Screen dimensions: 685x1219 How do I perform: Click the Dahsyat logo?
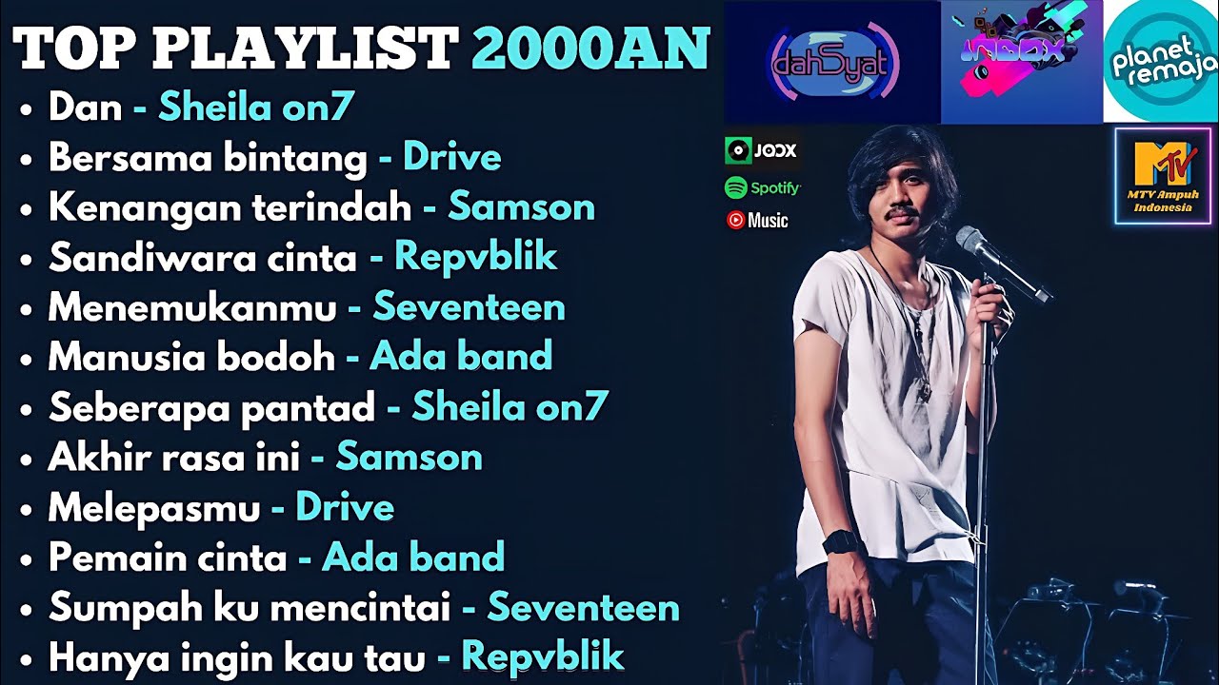click(x=832, y=63)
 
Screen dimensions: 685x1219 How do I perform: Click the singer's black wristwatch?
click(x=843, y=542)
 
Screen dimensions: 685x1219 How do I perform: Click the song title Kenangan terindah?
click(x=230, y=207)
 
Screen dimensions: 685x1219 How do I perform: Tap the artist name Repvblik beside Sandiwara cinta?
click(x=475, y=258)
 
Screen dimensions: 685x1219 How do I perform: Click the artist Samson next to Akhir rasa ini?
click(x=409, y=459)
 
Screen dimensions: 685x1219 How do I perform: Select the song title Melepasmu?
click(x=154, y=508)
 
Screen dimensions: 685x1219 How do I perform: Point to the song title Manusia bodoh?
click(x=191, y=358)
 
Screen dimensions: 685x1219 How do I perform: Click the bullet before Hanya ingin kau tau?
click(x=26, y=658)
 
